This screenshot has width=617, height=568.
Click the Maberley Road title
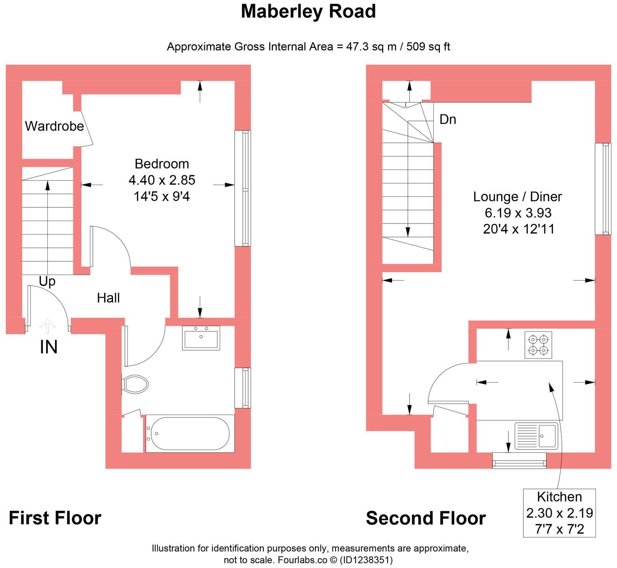[x=308, y=11]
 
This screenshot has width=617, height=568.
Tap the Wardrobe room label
[x=54, y=126]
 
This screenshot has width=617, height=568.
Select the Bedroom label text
[x=162, y=164]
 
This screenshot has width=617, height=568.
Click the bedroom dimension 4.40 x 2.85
[x=162, y=180]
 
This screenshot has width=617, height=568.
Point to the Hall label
[x=108, y=298]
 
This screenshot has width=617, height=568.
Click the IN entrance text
[x=49, y=347]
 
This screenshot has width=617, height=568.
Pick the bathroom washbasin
[x=201, y=338]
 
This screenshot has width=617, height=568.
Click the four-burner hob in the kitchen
[x=538, y=345]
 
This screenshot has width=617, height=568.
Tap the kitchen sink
[x=536, y=436]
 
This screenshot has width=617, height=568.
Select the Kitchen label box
[x=559, y=513]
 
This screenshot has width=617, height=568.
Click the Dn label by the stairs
[x=448, y=119]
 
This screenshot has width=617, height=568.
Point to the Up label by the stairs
[x=47, y=281]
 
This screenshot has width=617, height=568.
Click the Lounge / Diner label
[x=518, y=197]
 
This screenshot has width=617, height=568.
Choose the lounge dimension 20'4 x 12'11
[x=518, y=229]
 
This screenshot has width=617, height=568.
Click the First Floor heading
[x=55, y=519]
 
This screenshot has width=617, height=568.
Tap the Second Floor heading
[x=426, y=519]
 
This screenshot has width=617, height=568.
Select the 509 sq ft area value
[x=428, y=47]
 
